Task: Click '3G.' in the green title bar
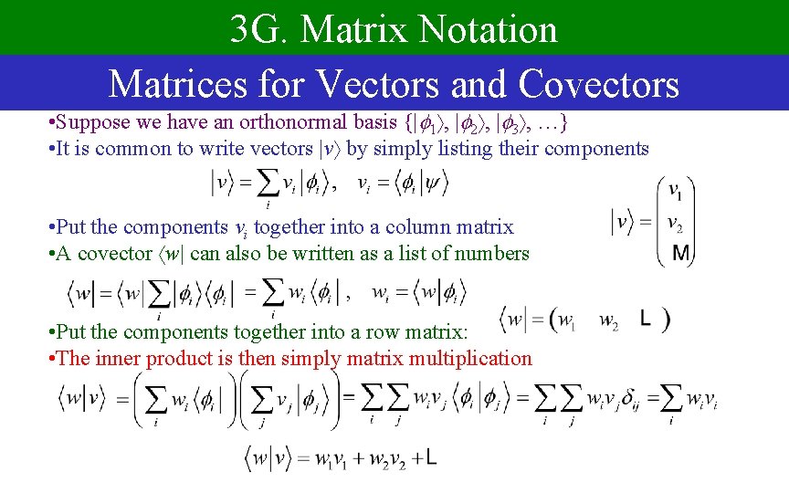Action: click(x=258, y=30)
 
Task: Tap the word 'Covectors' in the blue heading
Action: click(x=598, y=84)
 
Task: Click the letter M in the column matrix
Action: click(x=680, y=253)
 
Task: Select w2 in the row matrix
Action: click(x=608, y=320)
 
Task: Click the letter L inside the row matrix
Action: click(x=645, y=319)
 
